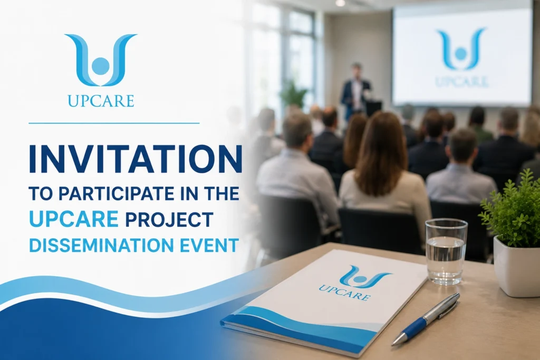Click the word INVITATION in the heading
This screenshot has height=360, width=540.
(136, 159)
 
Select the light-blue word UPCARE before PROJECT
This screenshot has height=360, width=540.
(74, 219)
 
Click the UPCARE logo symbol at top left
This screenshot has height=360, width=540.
(101, 60)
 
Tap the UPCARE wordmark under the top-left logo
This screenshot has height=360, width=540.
(101, 101)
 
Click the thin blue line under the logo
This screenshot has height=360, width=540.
(114, 123)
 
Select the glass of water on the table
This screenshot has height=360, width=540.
(446, 251)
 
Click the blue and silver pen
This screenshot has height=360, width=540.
(426, 319)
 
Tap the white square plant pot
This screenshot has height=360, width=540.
(517, 267)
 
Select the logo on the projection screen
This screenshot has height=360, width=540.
(461, 49)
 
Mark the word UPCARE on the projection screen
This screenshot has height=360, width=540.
(461, 82)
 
